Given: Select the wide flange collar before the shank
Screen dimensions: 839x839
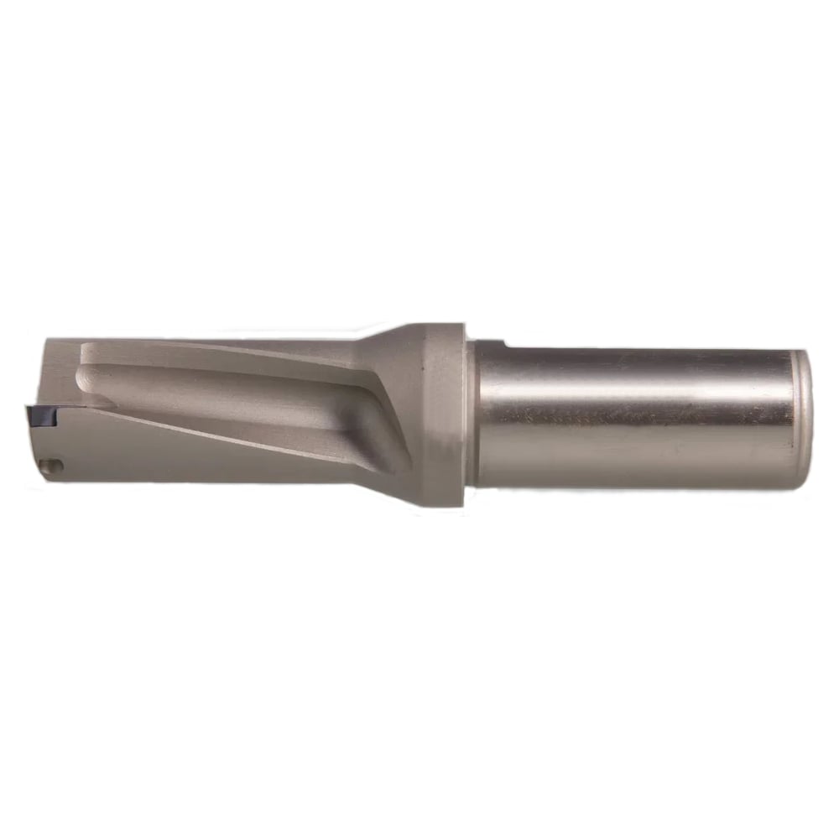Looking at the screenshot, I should coord(445,415).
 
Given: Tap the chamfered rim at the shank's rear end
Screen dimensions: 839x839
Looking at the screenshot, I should coord(803,415).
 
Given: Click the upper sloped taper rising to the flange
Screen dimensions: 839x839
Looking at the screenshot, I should coord(394,336).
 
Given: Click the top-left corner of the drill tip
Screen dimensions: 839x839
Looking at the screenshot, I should coord(47,340).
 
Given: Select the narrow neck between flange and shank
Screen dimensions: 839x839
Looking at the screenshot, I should coord(472,415).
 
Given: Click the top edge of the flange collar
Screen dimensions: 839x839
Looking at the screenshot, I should coord(445,324).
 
